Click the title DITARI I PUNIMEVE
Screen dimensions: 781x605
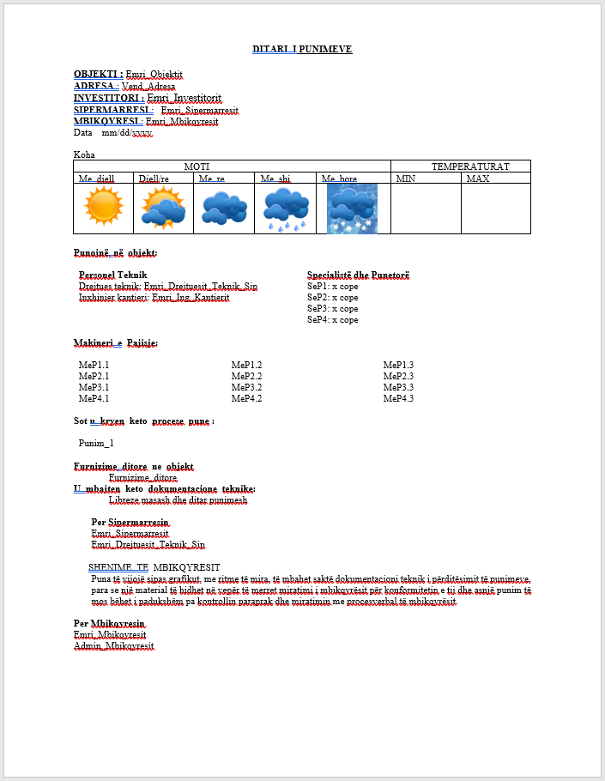click(x=302, y=50)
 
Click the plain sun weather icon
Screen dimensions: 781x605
click(x=104, y=208)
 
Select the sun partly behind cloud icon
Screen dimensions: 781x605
click(x=163, y=209)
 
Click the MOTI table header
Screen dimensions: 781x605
click(x=197, y=166)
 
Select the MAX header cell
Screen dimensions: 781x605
click(x=478, y=179)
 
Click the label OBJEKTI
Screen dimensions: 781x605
click(x=98, y=75)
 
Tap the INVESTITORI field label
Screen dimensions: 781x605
click(x=109, y=99)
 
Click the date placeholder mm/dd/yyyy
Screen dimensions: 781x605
click(x=127, y=133)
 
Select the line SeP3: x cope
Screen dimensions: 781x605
click(x=333, y=308)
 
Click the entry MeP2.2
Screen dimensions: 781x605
click(x=246, y=376)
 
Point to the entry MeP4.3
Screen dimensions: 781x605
click(x=398, y=398)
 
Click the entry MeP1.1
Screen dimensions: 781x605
click(x=94, y=365)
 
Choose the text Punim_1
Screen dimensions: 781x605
click(x=96, y=444)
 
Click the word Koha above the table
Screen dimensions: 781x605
click(x=84, y=155)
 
